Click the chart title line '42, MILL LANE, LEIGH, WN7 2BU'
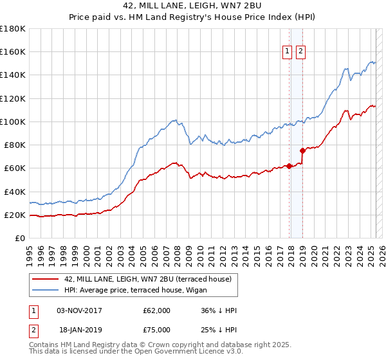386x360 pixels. (x=192, y=6)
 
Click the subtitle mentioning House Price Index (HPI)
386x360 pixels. (x=192, y=18)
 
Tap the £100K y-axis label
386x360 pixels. (x=13, y=122)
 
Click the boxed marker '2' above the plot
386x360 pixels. (x=300, y=53)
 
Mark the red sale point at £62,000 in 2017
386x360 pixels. (x=289, y=166)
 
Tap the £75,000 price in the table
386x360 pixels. (x=156, y=331)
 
